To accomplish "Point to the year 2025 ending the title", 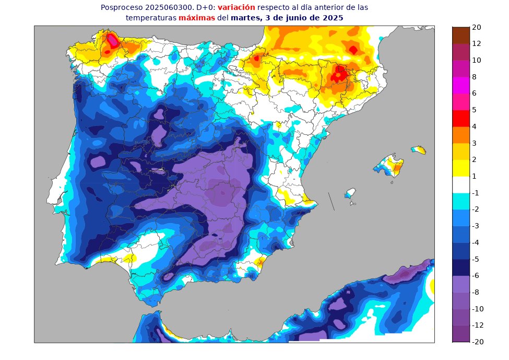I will tap(333, 17).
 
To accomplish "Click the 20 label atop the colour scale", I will tap(476, 27).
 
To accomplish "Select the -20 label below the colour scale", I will tap(478, 342).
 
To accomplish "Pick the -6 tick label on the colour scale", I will tap(476, 275).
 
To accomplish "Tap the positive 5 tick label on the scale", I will tap(474, 110).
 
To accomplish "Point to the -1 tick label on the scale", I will tap(476, 193).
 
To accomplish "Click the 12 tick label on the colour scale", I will tap(476, 43).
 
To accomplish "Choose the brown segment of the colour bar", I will tap(461, 35).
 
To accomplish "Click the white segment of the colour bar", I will tap(461, 184).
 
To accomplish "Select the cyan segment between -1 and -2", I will tap(461, 201).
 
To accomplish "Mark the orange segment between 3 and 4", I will tap(461, 135).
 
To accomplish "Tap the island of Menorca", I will tap(419, 150).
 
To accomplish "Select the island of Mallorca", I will tap(389, 166).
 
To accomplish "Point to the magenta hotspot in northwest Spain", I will tap(112, 40).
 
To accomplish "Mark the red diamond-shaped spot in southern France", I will tap(353, 50).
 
